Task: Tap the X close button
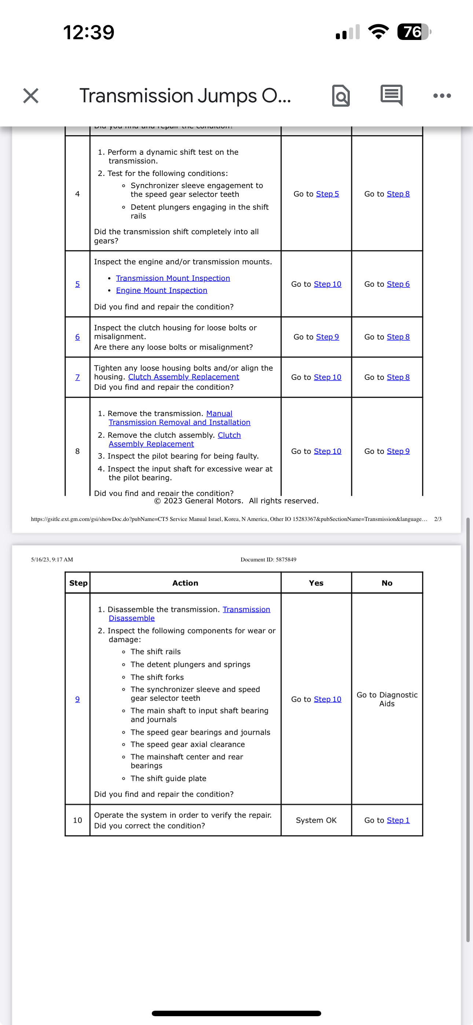click(31, 96)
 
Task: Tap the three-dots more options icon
click(442, 96)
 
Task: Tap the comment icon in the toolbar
click(391, 95)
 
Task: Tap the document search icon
click(341, 96)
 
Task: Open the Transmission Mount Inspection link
click(173, 278)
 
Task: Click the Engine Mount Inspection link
click(162, 290)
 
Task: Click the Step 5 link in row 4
click(327, 194)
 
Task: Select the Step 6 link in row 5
click(398, 284)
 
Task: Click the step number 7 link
click(78, 377)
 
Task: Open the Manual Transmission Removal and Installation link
click(179, 422)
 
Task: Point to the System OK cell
click(316, 820)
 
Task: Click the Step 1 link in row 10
click(398, 820)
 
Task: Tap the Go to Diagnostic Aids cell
click(386, 699)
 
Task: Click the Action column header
click(185, 583)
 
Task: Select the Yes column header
click(316, 583)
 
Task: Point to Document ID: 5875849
click(268, 559)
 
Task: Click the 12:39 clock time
click(89, 32)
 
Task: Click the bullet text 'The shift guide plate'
click(168, 778)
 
